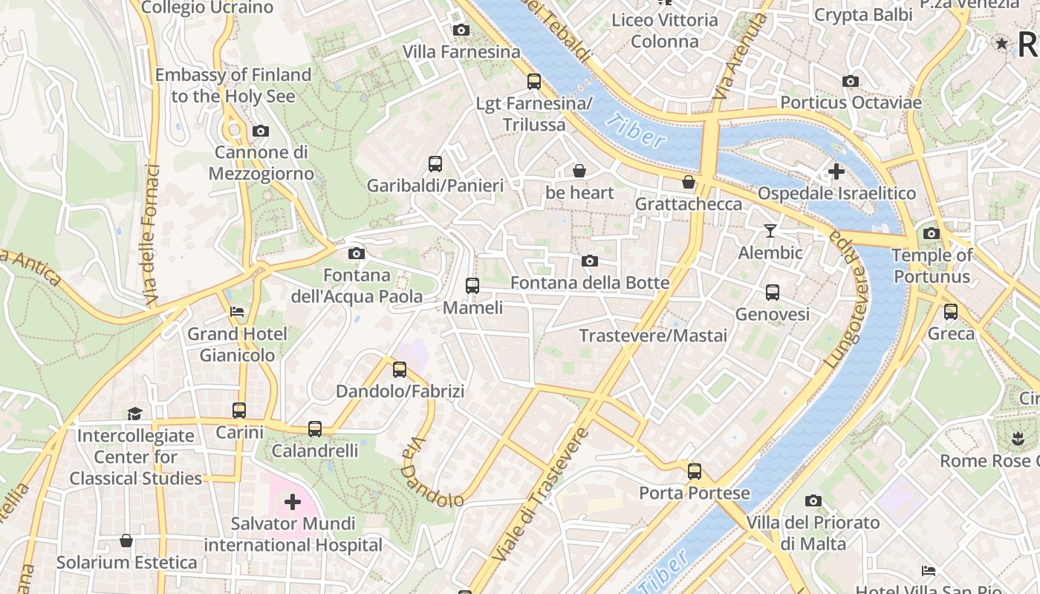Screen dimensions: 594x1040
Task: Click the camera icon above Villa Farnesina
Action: (x=461, y=30)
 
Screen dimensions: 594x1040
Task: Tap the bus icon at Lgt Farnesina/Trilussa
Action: (x=534, y=82)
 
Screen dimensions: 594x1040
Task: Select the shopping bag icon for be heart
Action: (x=579, y=172)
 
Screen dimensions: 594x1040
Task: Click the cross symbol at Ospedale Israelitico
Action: (x=836, y=172)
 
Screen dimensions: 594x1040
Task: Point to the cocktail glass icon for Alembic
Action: (x=770, y=232)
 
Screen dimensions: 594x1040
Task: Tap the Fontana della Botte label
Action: (x=590, y=283)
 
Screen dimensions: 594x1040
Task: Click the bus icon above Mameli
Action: (x=472, y=285)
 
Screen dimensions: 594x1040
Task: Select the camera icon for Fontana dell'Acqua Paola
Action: (x=357, y=254)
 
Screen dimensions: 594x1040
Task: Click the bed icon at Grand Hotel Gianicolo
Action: (x=237, y=312)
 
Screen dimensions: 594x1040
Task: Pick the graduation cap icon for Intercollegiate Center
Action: (x=134, y=414)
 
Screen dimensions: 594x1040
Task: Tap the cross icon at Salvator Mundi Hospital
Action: (x=293, y=502)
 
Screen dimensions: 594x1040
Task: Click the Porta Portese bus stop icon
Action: (x=695, y=471)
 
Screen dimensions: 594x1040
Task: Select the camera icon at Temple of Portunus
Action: (x=932, y=234)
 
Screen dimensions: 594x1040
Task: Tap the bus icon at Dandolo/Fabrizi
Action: (x=400, y=369)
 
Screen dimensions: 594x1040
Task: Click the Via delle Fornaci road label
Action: (x=152, y=234)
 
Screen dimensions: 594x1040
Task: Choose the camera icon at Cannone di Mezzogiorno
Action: (x=260, y=131)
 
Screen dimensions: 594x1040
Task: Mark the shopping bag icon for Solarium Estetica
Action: (x=126, y=541)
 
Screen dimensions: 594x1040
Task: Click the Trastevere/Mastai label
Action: (x=653, y=336)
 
